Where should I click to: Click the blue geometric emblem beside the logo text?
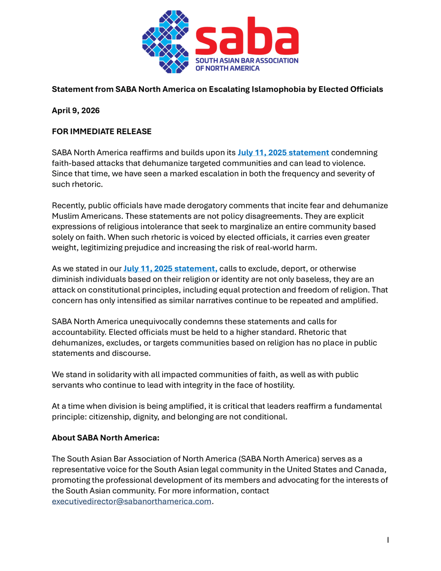165,42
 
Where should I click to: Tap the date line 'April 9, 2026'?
76,110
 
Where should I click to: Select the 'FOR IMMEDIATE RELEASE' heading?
101,131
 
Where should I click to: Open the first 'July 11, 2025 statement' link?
283,152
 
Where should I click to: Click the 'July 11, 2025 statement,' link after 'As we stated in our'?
170,268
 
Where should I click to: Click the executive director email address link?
131,502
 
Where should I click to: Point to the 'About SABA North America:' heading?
105,438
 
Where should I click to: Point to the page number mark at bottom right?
388,540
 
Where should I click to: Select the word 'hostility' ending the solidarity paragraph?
277,385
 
